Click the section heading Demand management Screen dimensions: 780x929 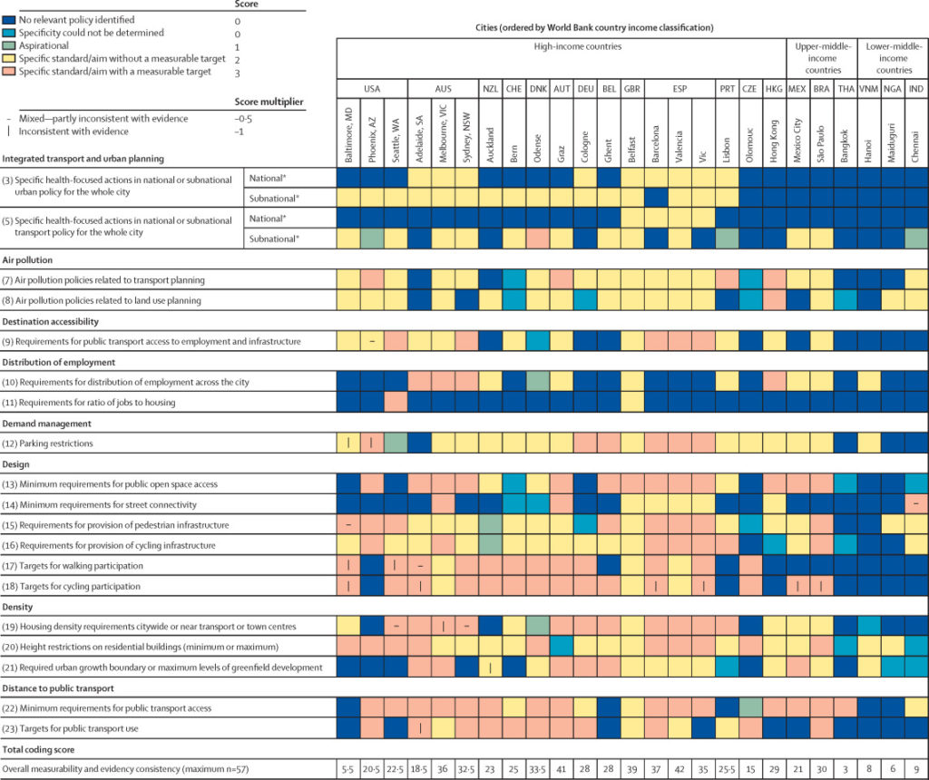[x=50, y=423]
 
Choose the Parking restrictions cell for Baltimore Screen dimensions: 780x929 [x=348, y=443]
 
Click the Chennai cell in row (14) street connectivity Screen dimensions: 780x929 [x=916, y=504]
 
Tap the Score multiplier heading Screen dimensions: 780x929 [x=269, y=102]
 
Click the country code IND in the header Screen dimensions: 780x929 [x=916, y=88]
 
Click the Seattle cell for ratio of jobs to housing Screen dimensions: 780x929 [x=396, y=402]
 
